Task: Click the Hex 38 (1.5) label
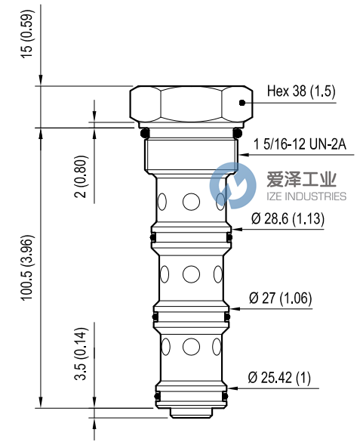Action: [x=300, y=93]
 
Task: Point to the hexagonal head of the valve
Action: [x=191, y=104]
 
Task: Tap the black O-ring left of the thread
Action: [x=145, y=134]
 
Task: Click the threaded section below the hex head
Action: [x=191, y=155]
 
